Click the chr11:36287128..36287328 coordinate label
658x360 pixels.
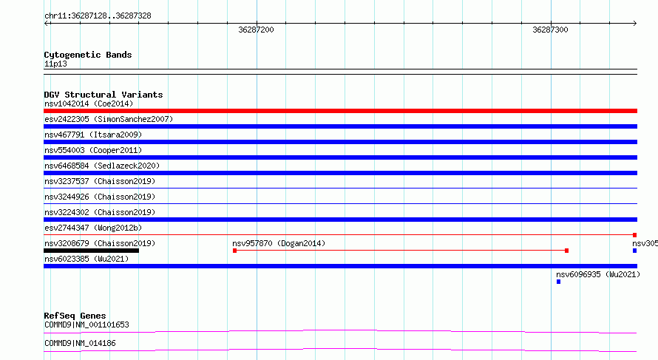point(98,16)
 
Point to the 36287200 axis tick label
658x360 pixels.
point(256,30)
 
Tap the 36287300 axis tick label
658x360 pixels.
point(550,30)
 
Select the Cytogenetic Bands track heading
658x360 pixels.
point(88,55)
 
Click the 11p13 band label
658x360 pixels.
point(55,64)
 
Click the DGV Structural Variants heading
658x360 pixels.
point(104,95)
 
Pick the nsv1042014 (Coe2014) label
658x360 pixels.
point(89,103)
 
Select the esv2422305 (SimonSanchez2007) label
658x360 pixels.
point(109,119)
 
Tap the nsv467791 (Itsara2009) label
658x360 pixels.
point(93,135)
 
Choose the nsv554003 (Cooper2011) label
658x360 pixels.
point(93,150)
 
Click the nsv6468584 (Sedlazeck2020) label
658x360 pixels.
point(102,166)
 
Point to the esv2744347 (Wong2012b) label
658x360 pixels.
point(93,228)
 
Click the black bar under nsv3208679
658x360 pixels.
point(91,251)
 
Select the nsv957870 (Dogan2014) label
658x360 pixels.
point(279,243)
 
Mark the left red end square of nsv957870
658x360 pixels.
point(234,251)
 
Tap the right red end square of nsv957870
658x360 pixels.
point(566,251)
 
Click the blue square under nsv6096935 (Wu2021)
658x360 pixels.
point(558,282)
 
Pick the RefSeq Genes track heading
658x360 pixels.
point(75,316)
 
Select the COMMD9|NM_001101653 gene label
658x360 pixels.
point(87,325)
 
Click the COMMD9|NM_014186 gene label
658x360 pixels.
point(80,343)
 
